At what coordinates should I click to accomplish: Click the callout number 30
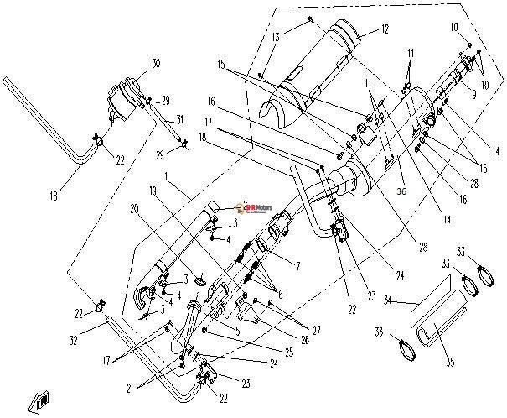click(x=155, y=64)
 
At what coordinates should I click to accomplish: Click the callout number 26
click(x=280, y=340)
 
